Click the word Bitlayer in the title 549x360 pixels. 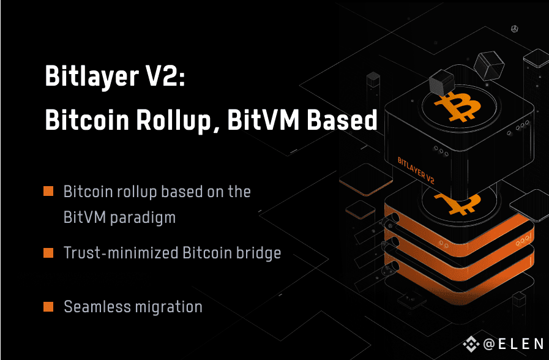[92, 76]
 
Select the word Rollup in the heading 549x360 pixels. [174, 120]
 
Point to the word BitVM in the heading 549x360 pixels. [263, 120]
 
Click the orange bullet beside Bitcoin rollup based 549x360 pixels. [48, 191]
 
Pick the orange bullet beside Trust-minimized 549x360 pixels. [48, 253]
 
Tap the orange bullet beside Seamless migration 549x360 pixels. [48, 306]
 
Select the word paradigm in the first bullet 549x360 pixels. [143, 218]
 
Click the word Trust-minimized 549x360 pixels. [121, 252]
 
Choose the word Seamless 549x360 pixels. [97, 306]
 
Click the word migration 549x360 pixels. [169, 307]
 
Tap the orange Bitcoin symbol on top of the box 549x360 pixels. [457, 106]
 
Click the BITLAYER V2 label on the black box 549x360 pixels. [416, 170]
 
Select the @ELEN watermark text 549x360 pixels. [514, 344]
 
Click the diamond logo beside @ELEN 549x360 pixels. [471, 344]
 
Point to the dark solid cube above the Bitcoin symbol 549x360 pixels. [441, 83]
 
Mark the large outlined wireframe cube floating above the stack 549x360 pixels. [489, 66]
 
